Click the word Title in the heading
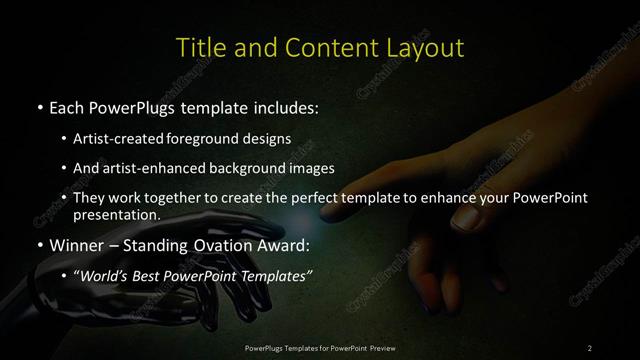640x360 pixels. tap(198, 47)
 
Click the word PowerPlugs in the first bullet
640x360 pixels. tap(137, 105)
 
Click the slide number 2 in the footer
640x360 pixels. tap(590, 347)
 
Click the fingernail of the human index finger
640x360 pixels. tap(465, 214)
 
